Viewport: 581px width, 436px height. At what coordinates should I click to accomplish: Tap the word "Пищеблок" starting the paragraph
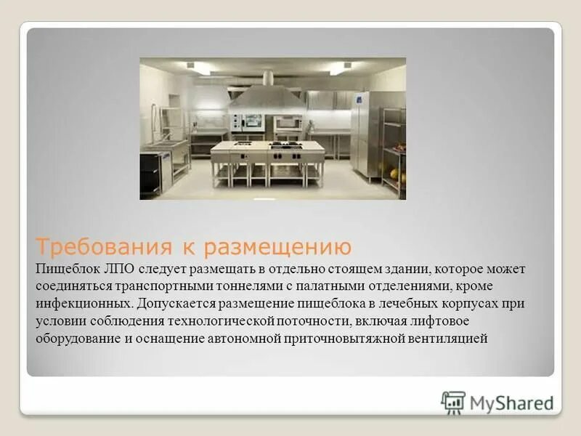coord(64,269)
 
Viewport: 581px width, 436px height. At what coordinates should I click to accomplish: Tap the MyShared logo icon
coord(453,403)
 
